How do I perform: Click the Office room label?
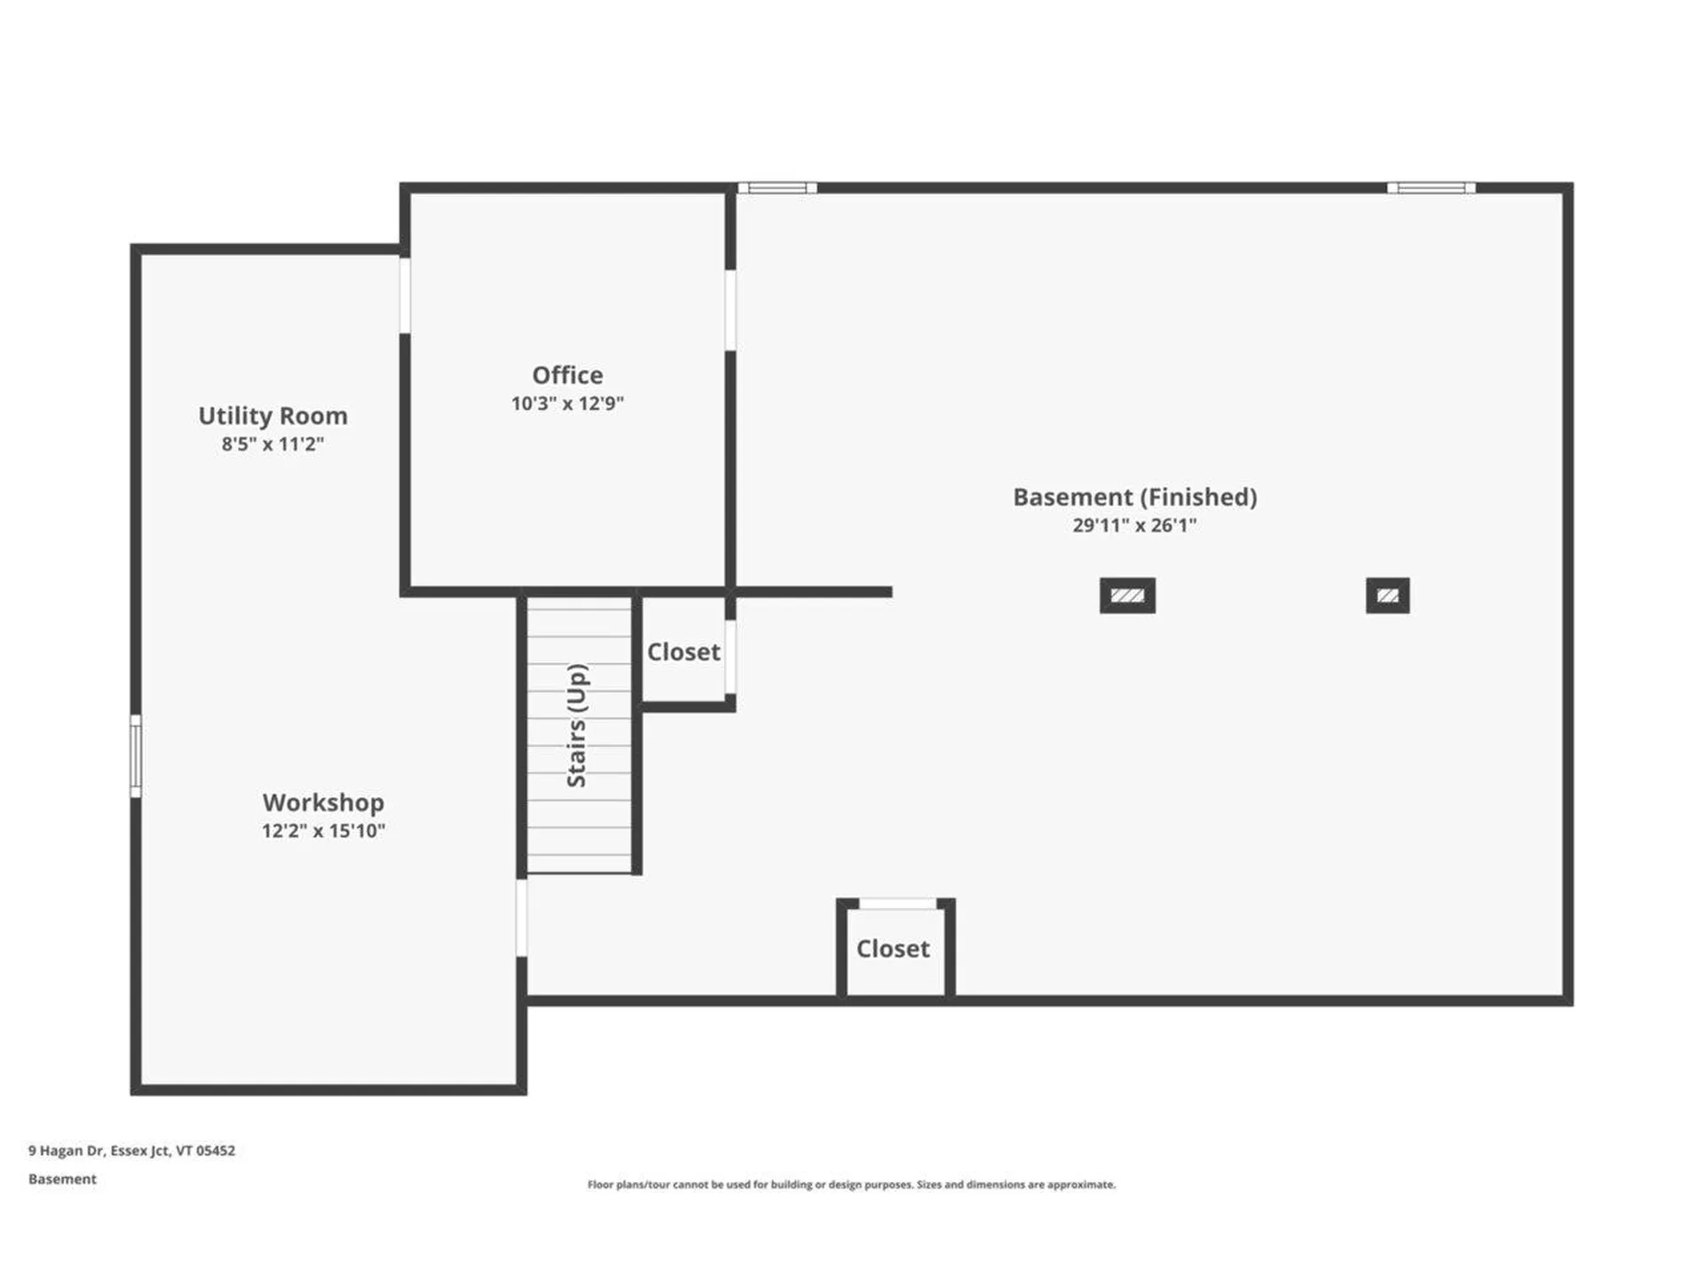pyautogui.click(x=567, y=375)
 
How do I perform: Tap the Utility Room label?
pyautogui.click(x=272, y=416)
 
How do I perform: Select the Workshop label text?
pyautogui.click(x=323, y=802)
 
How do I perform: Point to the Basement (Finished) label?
pyautogui.click(x=1134, y=497)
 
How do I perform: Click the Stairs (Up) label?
pyautogui.click(x=577, y=725)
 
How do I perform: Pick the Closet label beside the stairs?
pyautogui.click(x=683, y=652)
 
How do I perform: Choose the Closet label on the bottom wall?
pyautogui.click(x=893, y=949)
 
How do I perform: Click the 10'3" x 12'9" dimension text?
pyautogui.click(x=567, y=404)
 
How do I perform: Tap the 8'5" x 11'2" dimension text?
pyautogui.click(x=272, y=445)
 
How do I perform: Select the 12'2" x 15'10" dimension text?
pyautogui.click(x=323, y=832)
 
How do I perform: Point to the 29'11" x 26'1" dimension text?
pyautogui.click(x=1134, y=525)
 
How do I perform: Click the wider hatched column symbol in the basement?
pyautogui.click(x=1127, y=596)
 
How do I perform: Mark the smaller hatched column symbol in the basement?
pyautogui.click(x=1387, y=596)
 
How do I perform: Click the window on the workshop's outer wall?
pyautogui.click(x=136, y=756)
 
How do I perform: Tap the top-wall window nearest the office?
pyautogui.click(x=777, y=188)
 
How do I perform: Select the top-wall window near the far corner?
pyautogui.click(x=1431, y=188)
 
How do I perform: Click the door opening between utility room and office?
pyautogui.click(x=405, y=295)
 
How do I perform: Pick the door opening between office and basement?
pyautogui.click(x=730, y=310)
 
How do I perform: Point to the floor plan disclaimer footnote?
pyautogui.click(x=851, y=1184)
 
